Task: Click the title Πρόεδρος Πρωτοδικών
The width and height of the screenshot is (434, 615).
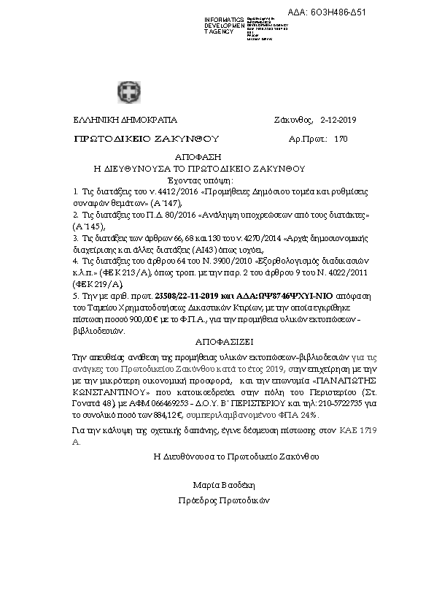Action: (224, 501)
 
